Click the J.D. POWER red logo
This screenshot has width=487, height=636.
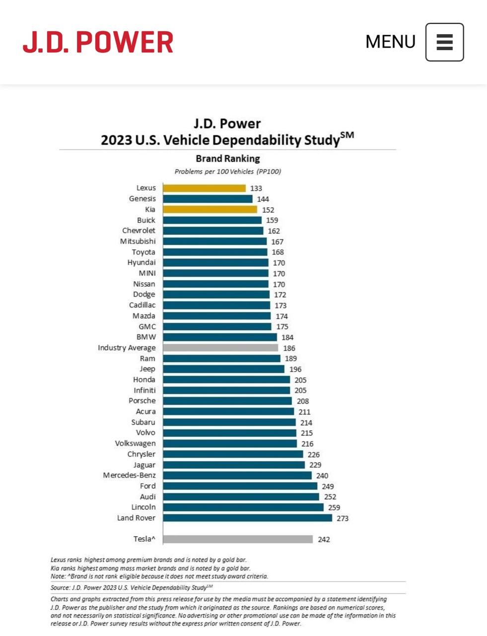point(98,42)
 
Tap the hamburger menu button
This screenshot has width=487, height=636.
point(444,42)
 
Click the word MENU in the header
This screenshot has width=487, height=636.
point(390,42)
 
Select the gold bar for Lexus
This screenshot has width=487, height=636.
point(204,188)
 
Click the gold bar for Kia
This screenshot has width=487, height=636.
point(210,210)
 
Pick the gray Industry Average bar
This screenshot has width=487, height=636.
point(220,348)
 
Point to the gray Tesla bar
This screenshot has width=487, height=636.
point(238,539)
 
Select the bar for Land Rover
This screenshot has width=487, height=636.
point(247,518)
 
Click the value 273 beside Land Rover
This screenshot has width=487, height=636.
point(343,518)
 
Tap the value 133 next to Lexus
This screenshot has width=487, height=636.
point(256,188)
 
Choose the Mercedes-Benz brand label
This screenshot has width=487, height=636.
point(129,476)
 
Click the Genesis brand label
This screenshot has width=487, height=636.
point(142,199)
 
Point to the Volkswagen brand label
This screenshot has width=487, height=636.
point(135,443)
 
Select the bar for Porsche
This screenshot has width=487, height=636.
point(227,401)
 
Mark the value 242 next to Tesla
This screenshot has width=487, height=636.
point(324,540)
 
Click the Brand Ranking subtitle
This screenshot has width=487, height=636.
point(228,159)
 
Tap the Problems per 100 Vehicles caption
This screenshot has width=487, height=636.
point(228,171)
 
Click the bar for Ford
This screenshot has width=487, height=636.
point(240,486)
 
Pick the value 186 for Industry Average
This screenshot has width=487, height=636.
point(289,348)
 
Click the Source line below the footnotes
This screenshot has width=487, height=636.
point(132,587)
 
